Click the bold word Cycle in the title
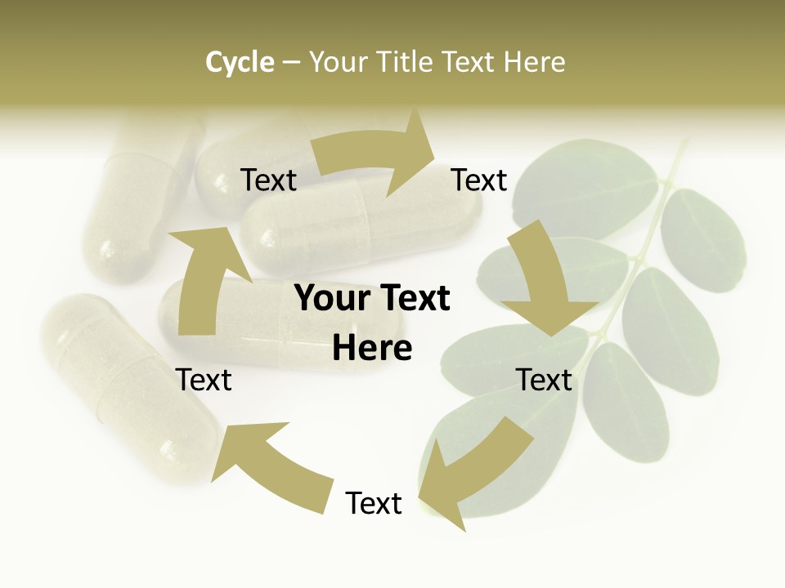point(240,62)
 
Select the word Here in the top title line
point(534,62)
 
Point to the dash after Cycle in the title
point(291,63)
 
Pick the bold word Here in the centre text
point(372,349)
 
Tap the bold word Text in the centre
point(410,299)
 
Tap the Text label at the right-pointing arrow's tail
point(268,180)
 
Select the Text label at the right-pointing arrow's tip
point(479,180)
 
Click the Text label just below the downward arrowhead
point(544,381)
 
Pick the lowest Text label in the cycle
point(374,504)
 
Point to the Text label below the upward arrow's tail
point(204,381)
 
